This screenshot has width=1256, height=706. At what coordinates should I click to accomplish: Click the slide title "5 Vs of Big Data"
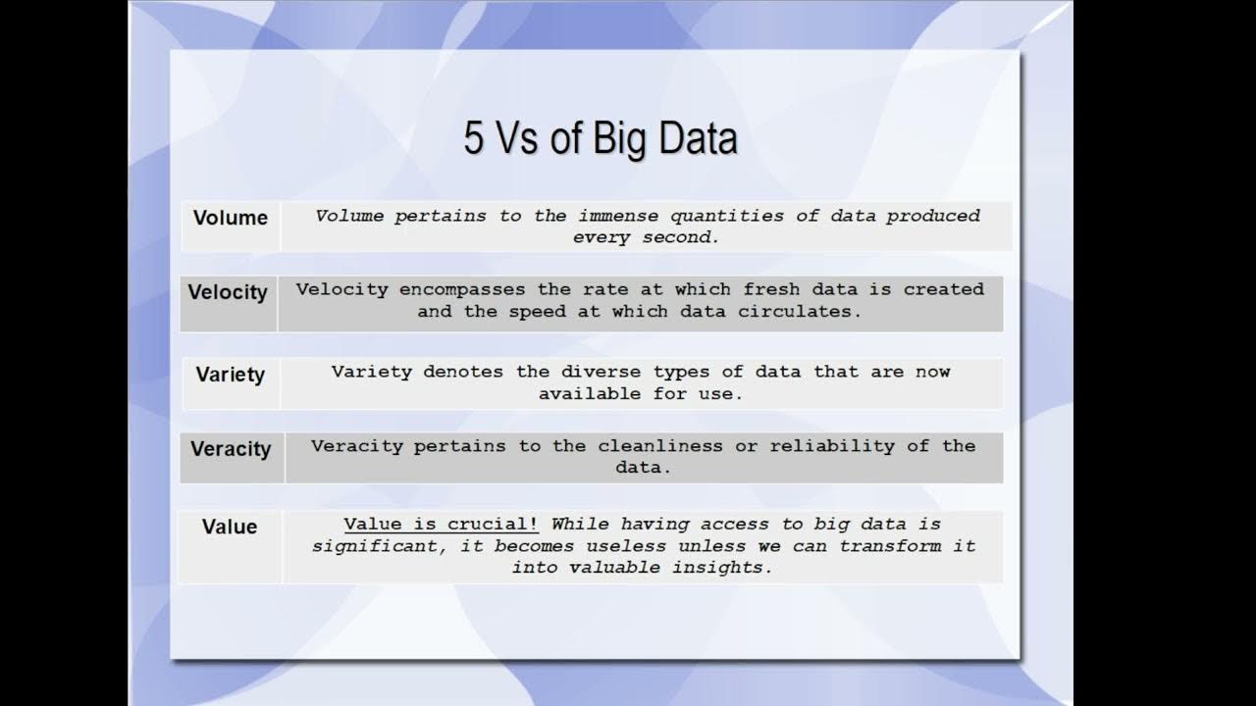click(x=600, y=138)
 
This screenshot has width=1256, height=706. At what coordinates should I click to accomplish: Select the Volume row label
click(x=231, y=218)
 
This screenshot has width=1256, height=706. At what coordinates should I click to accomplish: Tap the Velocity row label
click(x=228, y=292)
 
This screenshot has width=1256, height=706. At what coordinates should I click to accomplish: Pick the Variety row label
click(x=231, y=375)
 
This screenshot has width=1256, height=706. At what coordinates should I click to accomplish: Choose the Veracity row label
click(x=231, y=449)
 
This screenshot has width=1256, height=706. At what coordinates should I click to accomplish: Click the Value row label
click(x=230, y=527)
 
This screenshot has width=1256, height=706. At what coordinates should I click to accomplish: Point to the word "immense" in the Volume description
click(x=618, y=216)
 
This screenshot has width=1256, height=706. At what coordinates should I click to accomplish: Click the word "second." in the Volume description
click(x=681, y=237)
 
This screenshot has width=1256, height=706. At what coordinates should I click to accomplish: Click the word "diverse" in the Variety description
click(x=601, y=372)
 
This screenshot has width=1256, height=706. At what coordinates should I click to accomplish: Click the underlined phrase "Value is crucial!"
click(x=442, y=525)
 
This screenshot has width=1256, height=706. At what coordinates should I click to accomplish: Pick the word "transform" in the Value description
click(x=891, y=546)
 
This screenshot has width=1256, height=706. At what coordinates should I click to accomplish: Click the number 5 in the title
click(x=474, y=138)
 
